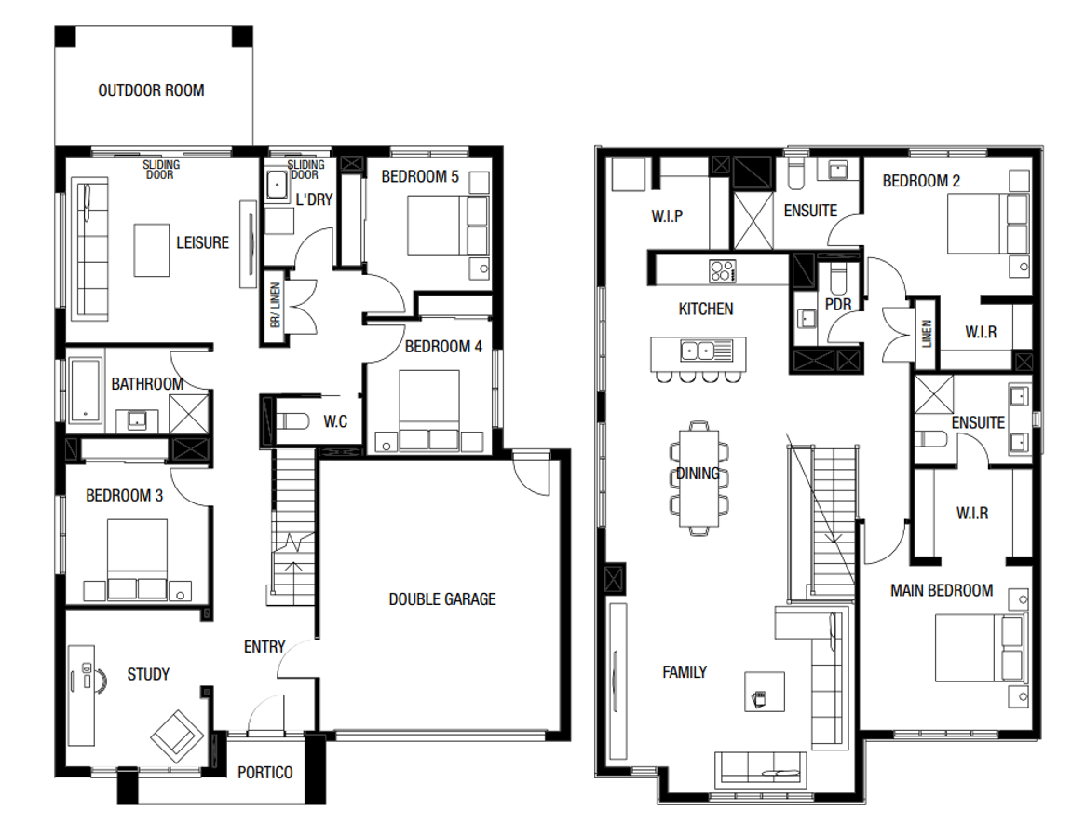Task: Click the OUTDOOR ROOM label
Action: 151,90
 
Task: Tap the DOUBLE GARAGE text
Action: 442,599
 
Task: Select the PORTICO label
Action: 265,773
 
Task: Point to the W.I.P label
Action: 667,216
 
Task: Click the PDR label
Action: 838,304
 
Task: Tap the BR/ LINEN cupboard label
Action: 276,305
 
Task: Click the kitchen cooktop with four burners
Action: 723,270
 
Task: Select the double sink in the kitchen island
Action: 697,351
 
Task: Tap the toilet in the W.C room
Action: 292,421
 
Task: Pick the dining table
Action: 698,479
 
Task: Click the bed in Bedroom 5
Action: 448,226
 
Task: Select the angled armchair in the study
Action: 177,736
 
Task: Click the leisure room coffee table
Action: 152,250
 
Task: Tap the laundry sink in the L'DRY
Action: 278,186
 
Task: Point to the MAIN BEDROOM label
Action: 941,591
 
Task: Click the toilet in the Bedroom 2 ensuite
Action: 795,174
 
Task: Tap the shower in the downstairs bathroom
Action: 189,414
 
